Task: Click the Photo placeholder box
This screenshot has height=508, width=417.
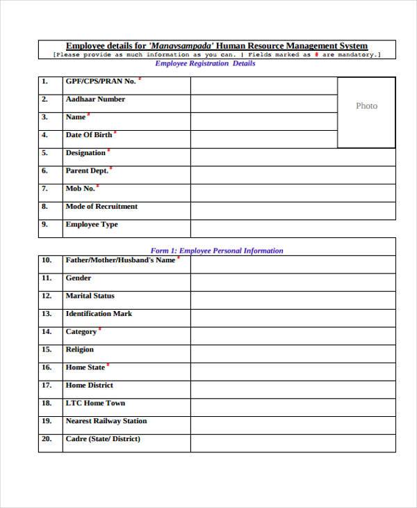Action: click(366, 112)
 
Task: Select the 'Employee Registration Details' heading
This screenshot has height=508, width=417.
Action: click(205, 63)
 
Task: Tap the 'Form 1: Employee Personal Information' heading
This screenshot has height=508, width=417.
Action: click(217, 251)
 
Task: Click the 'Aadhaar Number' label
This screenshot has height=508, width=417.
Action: click(95, 100)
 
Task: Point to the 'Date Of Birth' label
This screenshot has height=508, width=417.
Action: click(88, 135)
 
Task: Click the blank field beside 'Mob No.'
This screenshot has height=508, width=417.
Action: click(293, 193)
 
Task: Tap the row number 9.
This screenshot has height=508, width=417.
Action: click(44, 225)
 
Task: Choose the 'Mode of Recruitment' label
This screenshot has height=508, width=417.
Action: click(101, 207)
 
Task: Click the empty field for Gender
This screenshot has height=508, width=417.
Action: click(293, 283)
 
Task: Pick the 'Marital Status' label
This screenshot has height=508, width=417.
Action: click(90, 296)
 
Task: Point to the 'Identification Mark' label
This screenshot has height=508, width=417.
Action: click(99, 314)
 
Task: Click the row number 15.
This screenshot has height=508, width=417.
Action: click(47, 350)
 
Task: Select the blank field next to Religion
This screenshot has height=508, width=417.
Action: click(293, 354)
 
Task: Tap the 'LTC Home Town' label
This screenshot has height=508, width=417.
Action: click(95, 404)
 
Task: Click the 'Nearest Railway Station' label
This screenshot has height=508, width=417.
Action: click(106, 421)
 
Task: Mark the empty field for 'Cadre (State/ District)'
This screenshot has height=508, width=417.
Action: click(293, 443)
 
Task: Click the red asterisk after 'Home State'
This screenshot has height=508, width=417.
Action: click(108, 365)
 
